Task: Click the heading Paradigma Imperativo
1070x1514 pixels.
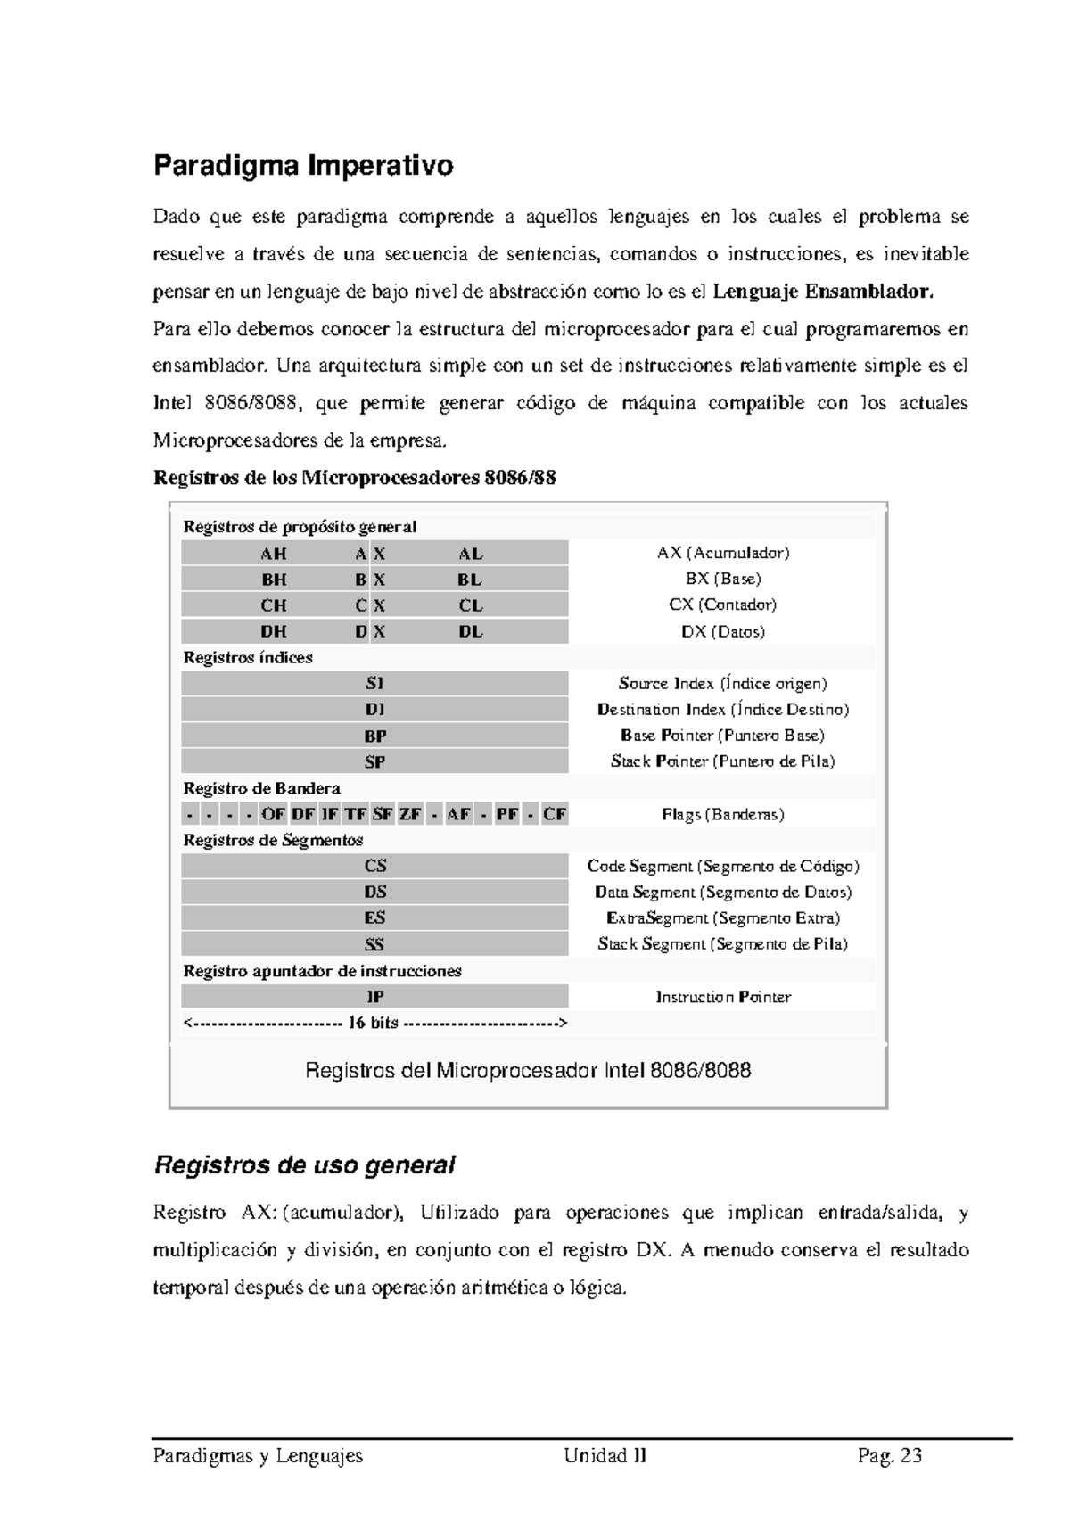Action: coord(303,166)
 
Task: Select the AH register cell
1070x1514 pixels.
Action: coord(273,554)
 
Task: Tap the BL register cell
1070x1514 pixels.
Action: coord(470,580)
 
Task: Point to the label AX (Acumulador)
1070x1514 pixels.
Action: coord(723,553)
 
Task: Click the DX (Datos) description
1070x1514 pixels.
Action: coord(723,631)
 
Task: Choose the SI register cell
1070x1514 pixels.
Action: coord(374,684)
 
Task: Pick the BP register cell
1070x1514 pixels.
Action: coord(374,736)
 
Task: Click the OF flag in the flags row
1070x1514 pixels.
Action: coord(273,814)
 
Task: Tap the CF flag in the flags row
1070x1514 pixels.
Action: coord(555,814)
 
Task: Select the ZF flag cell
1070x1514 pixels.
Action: coord(410,814)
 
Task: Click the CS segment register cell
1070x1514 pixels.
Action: coord(374,866)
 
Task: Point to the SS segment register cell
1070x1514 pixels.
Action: coord(374,944)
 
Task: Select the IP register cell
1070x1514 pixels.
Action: coord(374,997)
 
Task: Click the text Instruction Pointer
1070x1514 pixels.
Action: coord(723,997)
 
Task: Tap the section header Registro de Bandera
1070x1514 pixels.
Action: coord(261,788)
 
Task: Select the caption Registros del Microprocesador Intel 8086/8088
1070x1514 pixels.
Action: coord(528,1070)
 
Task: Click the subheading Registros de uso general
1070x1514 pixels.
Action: coord(305,1164)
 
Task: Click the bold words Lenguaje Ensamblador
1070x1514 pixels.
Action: coord(825,292)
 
